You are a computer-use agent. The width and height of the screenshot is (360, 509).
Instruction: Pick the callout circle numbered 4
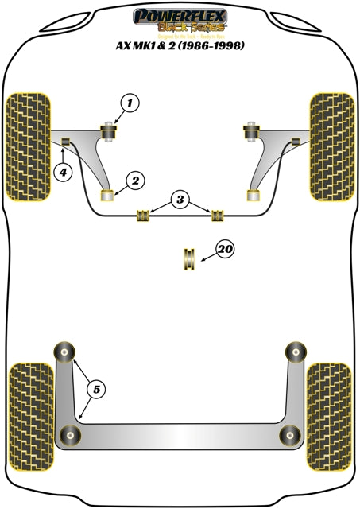click(x=60, y=169)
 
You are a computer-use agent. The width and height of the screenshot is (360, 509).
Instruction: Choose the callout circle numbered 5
click(x=96, y=389)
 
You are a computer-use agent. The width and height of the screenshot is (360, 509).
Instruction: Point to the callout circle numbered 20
click(x=226, y=251)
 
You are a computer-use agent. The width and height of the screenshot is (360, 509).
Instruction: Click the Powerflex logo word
click(x=182, y=14)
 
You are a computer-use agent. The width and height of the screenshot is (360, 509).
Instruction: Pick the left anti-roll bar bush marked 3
click(x=144, y=216)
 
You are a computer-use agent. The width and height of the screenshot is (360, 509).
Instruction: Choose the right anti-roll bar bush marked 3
click(x=216, y=216)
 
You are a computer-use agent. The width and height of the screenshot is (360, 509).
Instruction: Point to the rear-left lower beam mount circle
click(x=71, y=434)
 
